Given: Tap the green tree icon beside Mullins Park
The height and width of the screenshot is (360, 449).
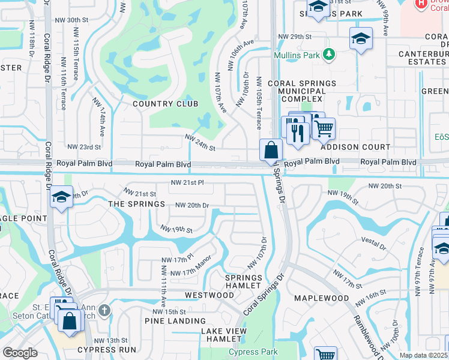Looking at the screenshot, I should tap(328, 55).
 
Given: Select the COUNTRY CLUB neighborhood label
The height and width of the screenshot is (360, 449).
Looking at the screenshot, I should tap(165, 104).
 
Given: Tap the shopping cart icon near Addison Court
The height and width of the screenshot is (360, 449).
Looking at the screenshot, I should tap(324, 128).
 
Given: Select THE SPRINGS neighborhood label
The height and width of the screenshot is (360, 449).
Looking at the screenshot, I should tap(136, 204).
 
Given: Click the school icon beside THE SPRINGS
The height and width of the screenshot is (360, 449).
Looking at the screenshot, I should tap(61, 198).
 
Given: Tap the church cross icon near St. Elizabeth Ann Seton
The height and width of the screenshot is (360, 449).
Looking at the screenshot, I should tap(104, 310).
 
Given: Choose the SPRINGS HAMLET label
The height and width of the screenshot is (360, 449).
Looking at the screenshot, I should tap(244, 282).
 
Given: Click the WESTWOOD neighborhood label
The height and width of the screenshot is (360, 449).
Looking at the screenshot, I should tap(209, 295).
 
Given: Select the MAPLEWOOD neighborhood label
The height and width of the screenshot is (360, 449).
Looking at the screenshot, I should tap(322, 298).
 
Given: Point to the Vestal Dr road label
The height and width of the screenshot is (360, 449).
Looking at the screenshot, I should tap(375, 243).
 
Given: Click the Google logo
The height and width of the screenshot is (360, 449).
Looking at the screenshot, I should tap(20, 353).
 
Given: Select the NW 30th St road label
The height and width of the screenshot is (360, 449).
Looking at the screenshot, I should tap(82, 20).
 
